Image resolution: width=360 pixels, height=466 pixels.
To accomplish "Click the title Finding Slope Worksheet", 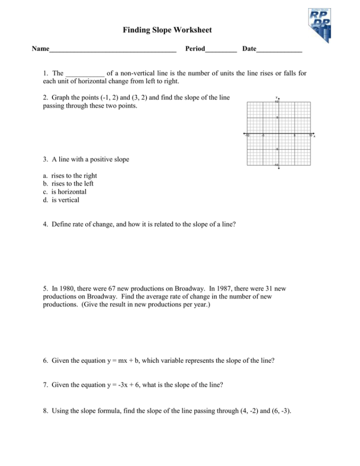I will point(167,30).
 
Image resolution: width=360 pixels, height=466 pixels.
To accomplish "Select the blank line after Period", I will point(221,49).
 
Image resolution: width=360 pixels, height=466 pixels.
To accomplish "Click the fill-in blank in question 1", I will point(85,74).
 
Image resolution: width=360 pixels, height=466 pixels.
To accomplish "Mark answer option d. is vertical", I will point(65,200).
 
